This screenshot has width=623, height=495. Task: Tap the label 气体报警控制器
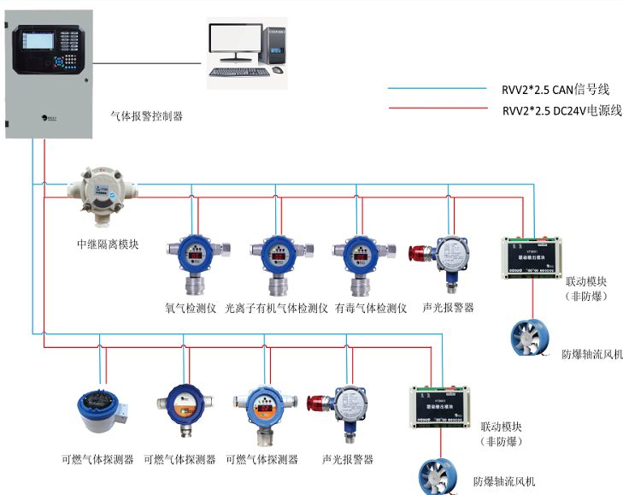pyautogui.click(x=147, y=115)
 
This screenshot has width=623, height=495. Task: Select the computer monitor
pyautogui.click(x=235, y=41)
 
